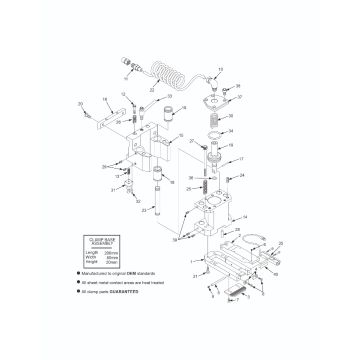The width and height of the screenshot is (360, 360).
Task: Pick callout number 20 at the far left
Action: [x=80, y=102]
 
